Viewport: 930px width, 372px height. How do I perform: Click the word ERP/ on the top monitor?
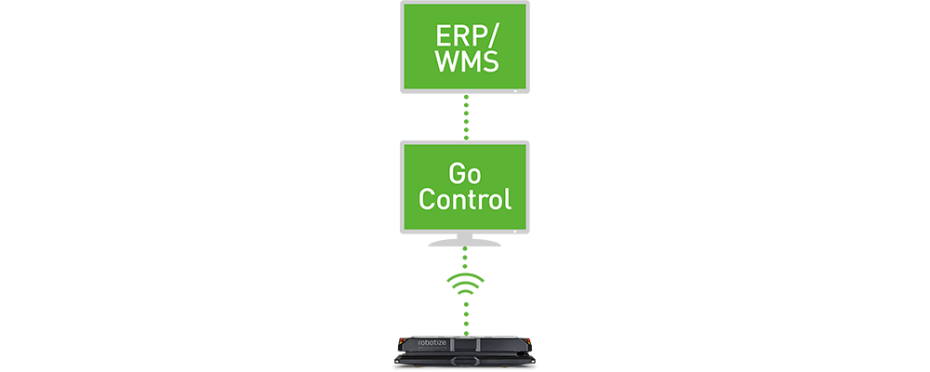465,36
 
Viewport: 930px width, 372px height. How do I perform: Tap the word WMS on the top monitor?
466,61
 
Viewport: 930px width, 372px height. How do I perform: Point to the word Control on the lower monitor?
465,199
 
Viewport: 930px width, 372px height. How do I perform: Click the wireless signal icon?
466,283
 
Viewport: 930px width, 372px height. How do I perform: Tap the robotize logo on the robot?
418,342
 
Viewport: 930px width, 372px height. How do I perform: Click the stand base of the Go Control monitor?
465,243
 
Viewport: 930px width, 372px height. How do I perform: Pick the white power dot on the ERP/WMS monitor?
515,91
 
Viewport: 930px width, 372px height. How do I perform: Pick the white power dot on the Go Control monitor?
515,232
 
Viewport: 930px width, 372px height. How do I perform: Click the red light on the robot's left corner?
400,341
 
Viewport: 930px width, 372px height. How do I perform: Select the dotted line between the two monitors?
466,117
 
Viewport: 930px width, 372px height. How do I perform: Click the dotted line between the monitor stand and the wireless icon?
466,259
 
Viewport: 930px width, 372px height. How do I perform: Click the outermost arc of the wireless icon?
466,276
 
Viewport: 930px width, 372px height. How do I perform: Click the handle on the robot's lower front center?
466,361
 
